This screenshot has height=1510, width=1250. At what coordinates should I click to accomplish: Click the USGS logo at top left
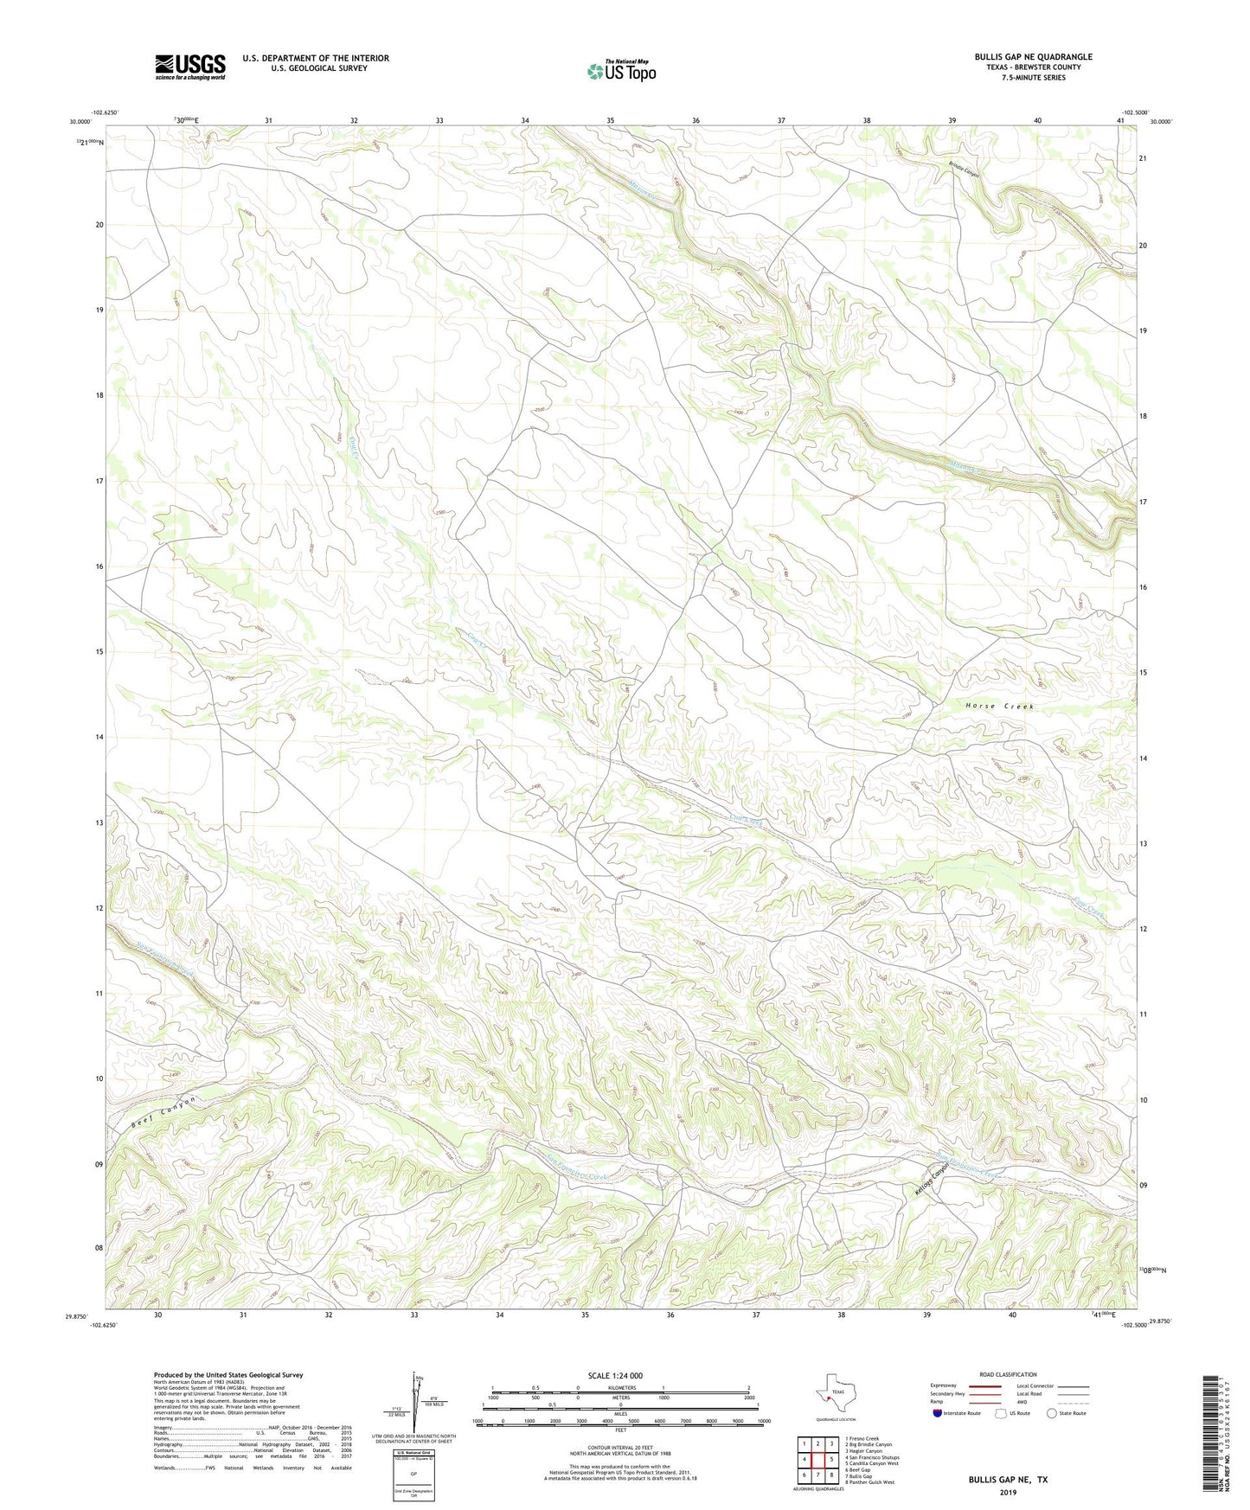click(190, 67)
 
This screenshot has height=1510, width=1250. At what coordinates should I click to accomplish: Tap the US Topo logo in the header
click(621, 71)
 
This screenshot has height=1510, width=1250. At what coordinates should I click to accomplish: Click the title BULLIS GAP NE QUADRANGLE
click(1033, 57)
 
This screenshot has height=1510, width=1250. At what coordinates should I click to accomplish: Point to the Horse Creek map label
click(999, 707)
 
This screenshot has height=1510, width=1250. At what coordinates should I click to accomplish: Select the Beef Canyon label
click(163, 1113)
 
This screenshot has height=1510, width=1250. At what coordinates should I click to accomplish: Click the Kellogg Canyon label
click(933, 1179)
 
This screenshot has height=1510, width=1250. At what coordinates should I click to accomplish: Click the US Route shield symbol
click(1002, 1413)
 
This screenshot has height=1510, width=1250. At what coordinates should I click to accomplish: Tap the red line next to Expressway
click(984, 1385)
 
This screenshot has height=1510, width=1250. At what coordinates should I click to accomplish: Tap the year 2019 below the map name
click(1008, 1492)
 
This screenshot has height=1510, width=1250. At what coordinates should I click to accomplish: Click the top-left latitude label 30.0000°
click(80, 122)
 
